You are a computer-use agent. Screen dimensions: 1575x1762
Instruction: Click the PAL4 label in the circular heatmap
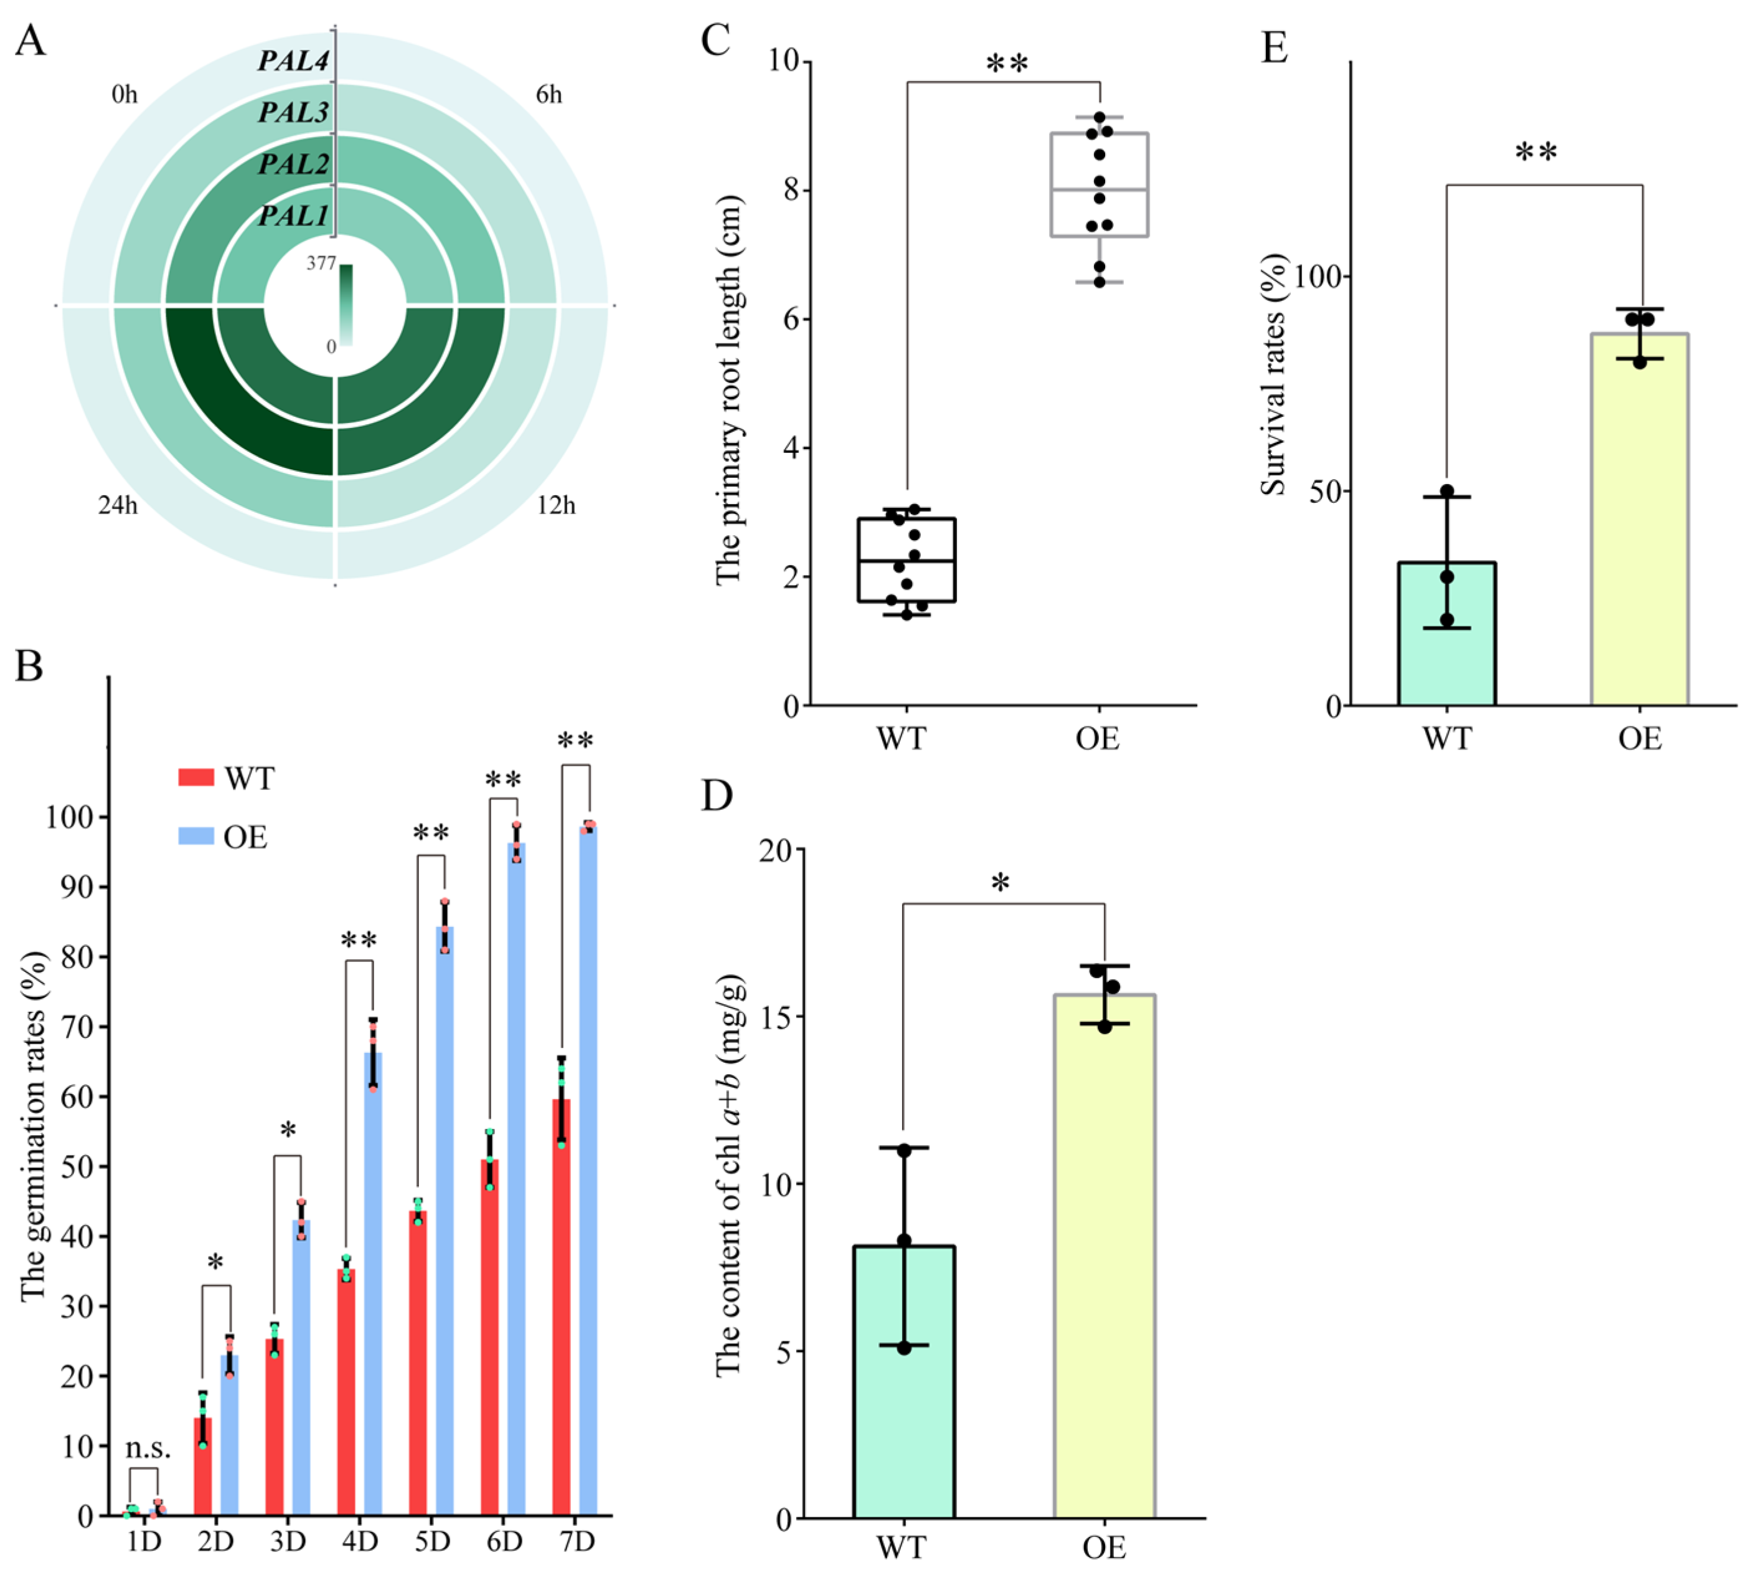(293, 60)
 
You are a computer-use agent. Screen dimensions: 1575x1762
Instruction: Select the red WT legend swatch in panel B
(196, 776)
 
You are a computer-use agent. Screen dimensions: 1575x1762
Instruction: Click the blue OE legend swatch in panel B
(196, 835)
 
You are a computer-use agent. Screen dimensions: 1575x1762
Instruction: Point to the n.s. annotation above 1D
(148, 1447)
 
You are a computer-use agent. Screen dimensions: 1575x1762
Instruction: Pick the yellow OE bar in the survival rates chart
(1639, 519)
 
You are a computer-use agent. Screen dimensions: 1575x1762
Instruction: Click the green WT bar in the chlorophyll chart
(904, 1384)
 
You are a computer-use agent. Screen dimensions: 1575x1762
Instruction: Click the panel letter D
(716, 794)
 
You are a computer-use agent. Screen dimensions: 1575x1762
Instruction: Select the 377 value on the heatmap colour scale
(320, 263)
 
